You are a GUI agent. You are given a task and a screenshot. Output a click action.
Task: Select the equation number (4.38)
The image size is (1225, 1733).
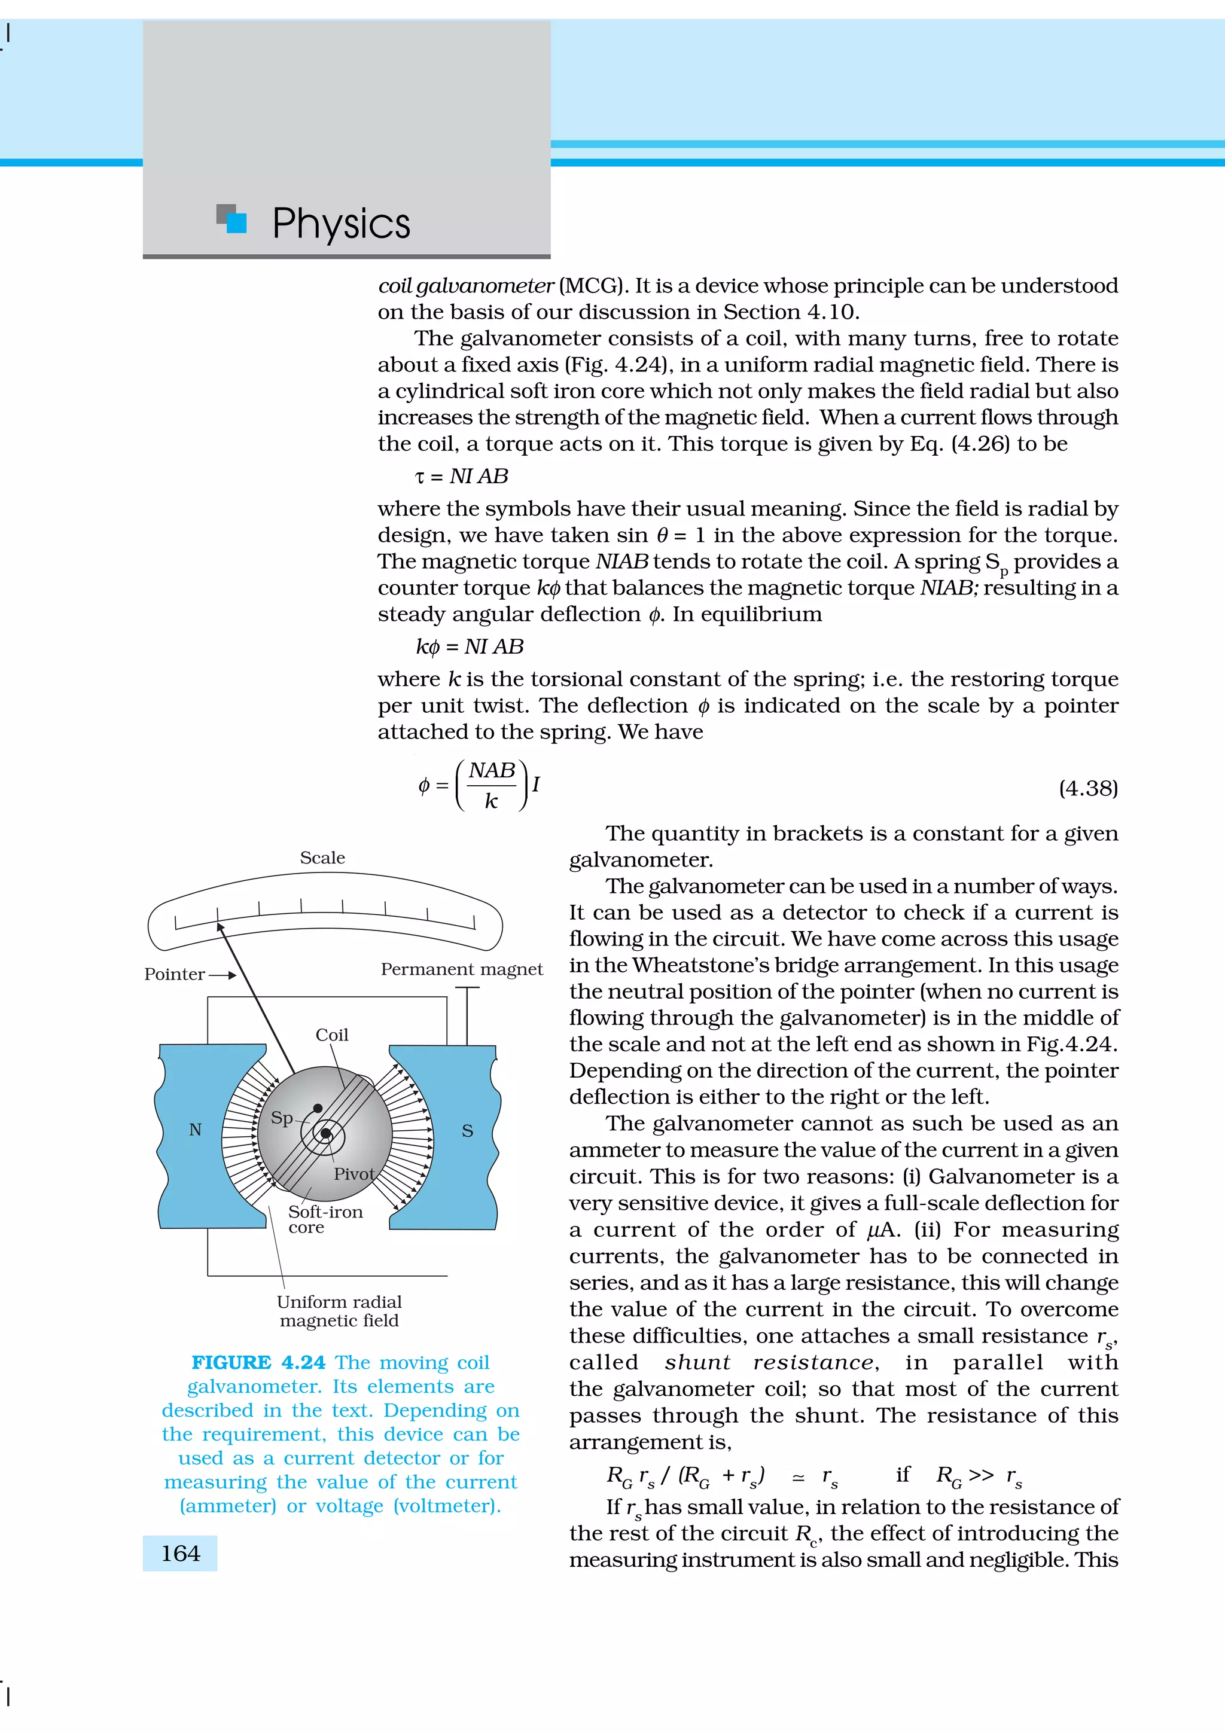(x=1087, y=788)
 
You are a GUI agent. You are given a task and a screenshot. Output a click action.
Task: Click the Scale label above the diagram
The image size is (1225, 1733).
(x=322, y=858)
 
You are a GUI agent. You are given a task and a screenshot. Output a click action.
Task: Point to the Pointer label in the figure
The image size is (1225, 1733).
(x=174, y=974)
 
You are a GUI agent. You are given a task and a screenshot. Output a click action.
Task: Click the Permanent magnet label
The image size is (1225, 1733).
(x=461, y=969)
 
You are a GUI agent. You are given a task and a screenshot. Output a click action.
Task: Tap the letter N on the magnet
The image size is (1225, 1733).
(x=196, y=1130)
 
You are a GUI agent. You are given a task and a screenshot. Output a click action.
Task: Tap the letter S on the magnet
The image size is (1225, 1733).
(x=467, y=1131)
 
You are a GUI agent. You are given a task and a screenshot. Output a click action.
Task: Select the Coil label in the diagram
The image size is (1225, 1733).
(x=332, y=1035)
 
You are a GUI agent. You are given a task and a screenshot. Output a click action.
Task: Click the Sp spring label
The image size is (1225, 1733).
(x=282, y=1118)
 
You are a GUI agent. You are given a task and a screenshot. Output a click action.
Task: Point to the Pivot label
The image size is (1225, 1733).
(x=354, y=1174)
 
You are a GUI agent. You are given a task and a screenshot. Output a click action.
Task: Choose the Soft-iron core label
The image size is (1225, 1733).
(x=325, y=1219)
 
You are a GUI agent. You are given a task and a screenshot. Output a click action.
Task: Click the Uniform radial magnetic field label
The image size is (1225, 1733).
(x=339, y=1311)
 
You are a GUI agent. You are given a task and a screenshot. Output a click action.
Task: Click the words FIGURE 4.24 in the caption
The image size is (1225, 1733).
(x=258, y=1362)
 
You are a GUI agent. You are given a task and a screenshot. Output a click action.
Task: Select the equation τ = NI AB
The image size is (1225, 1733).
(x=462, y=476)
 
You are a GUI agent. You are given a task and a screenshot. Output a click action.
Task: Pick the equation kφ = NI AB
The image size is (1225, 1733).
(x=470, y=647)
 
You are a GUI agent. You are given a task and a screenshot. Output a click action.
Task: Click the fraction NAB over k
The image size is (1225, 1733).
(x=491, y=786)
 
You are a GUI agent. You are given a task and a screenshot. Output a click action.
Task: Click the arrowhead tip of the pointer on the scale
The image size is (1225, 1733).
(x=219, y=925)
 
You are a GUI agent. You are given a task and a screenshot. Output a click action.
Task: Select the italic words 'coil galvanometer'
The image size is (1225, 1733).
(x=466, y=286)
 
